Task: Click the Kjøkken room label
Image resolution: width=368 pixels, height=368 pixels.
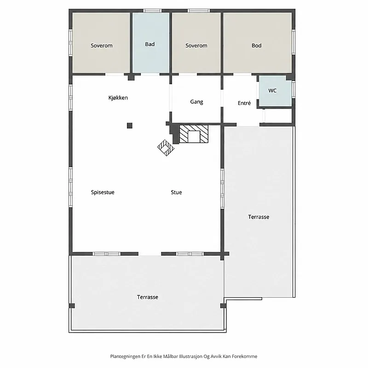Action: [118, 98]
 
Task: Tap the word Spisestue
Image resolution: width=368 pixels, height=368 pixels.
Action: [103, 192]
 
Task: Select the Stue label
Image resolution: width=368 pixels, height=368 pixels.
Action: [176, 192]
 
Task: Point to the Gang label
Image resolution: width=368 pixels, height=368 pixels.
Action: [197, 102]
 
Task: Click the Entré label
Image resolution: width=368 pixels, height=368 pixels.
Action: [244, 103]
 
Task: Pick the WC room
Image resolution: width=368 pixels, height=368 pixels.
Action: [272, 91]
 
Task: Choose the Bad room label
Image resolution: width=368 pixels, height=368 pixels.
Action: [150, 44]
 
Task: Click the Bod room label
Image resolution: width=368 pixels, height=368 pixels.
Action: [257, 46]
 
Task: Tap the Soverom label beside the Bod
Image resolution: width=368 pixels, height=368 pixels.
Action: [196, 46]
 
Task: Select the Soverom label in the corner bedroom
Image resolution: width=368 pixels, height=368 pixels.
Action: [102, 46]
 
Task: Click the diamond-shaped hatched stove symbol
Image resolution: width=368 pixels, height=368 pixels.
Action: [166, 148]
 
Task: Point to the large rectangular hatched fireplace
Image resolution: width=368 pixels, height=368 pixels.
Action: [194, 134]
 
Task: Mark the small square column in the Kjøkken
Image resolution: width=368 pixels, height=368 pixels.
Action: [130, 126]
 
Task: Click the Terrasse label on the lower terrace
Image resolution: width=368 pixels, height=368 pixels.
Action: [148, 297]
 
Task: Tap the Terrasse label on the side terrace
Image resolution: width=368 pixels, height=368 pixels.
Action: [259, 217]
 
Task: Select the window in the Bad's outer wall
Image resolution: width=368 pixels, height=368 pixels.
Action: [152, 11]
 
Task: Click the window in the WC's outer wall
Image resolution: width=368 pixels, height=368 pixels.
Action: [293, 89]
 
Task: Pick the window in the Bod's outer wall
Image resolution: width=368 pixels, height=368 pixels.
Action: [293, 42]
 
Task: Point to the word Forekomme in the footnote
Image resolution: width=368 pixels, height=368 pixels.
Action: [245, 356]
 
